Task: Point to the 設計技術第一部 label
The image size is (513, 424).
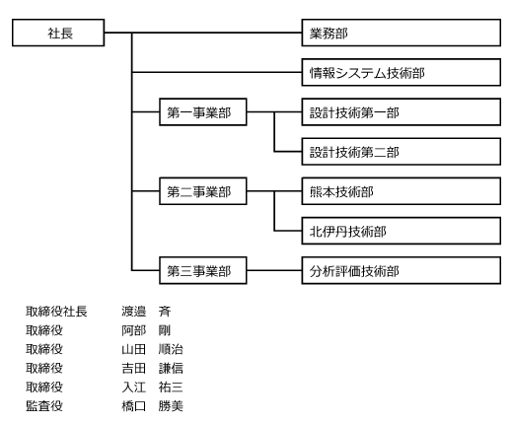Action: point(354,112)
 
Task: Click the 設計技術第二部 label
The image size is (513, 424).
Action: point(354,152)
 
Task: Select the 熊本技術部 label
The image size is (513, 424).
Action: point(341,192)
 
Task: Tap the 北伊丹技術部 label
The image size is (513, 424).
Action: point(348,232)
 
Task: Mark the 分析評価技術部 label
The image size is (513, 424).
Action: point(354,271)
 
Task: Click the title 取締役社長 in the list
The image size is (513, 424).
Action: point(56,312)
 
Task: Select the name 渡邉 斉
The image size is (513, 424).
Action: point(146,312)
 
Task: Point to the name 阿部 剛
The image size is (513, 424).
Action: point(146,330)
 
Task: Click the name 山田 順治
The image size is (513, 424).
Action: point(152,349)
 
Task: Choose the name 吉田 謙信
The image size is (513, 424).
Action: point(152,368)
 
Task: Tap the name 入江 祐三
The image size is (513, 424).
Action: point(152,388)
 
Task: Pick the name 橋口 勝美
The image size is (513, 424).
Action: point(152,406)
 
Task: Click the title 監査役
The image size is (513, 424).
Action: point(44,406)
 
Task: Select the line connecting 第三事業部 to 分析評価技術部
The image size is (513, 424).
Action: point(274,270)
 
